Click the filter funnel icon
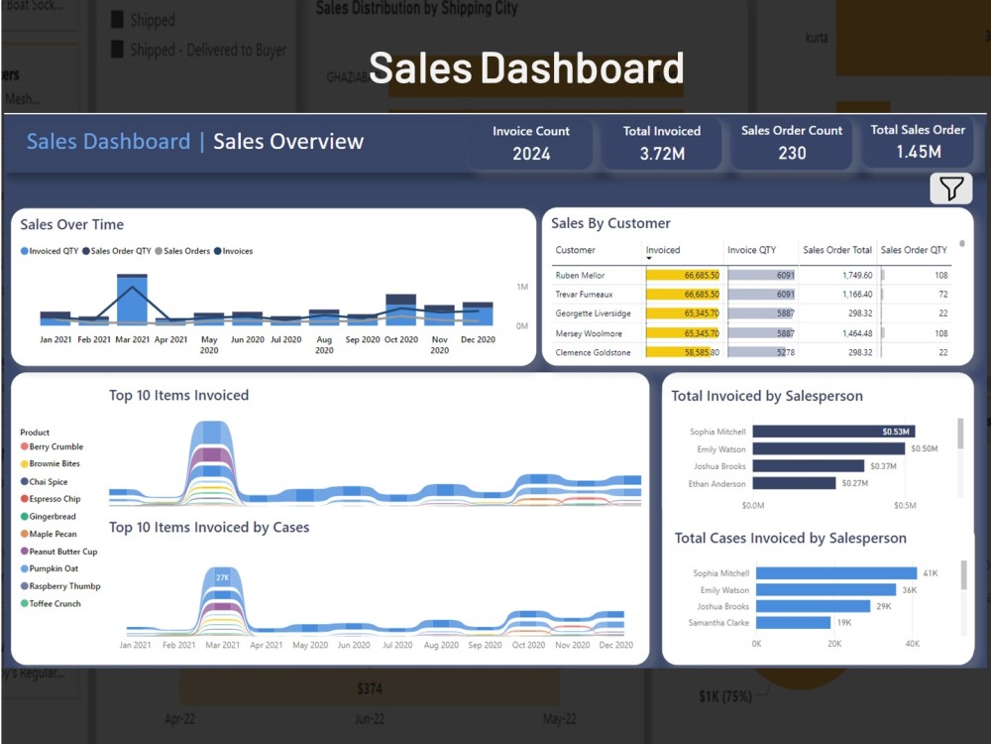coord(950,188)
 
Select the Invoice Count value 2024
coord(531,153)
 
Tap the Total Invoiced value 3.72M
coord(661,153)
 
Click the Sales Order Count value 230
coord(792,153)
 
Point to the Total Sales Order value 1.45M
coord(918,152)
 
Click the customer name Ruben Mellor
coord(581,275)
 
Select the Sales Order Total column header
coord(837,250)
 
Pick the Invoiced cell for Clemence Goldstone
coord(683,352)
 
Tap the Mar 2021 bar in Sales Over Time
coord(132,300)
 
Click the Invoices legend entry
coord(233,251)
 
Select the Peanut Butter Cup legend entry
coord(62,552)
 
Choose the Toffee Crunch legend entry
coord(55,603)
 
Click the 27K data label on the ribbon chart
coord(222,577)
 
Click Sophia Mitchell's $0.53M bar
coord(833,432)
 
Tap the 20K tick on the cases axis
coord(834,644)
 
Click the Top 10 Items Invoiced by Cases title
coord(209,528)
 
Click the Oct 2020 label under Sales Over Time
coord(401,339)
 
